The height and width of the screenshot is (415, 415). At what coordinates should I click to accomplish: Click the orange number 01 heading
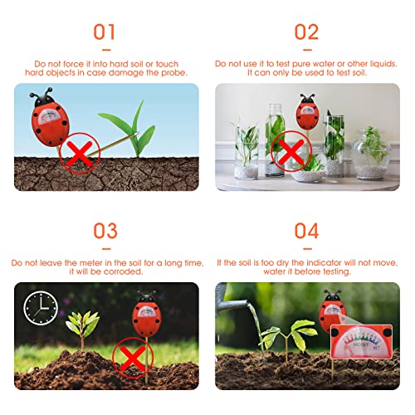(105, 32)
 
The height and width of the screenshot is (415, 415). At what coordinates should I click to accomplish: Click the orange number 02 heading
(306, 32)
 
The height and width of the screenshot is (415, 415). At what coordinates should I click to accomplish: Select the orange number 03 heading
(105, 230)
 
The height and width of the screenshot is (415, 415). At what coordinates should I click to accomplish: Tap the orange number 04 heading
(306, 230)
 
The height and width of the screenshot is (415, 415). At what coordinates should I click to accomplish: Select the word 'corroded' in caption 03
(130, 271)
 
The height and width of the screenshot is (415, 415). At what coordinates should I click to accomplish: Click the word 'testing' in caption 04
(334, 271)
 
